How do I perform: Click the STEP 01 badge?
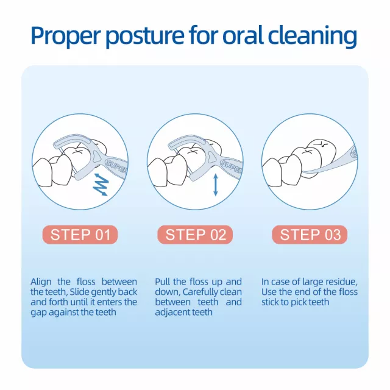pyautogui.click(x=80, y=235)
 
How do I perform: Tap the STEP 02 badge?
pyautogui.click(x=195, y=235)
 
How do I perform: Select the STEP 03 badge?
pyautogui.click(x=310, y=235)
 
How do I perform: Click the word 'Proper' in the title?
pyautogui.click(x=65, y=36)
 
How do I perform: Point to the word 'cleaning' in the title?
pyautogui.click(x=313, y=36)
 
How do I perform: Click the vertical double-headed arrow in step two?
pyautogui.click(x=216, y=185)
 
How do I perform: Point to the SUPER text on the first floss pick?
pyautogui.click(x=116, y=166)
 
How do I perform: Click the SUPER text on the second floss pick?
pyautogui.click(x=232, y=166)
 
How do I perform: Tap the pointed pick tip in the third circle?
pyautogui.click(x=304, y=172)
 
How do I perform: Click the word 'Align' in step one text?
pyautogui.click(x=41, y=282)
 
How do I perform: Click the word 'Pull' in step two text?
pyautogui.click(x=163, y=282)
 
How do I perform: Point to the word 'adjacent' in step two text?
pyautogui.click(x=172, y=313)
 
